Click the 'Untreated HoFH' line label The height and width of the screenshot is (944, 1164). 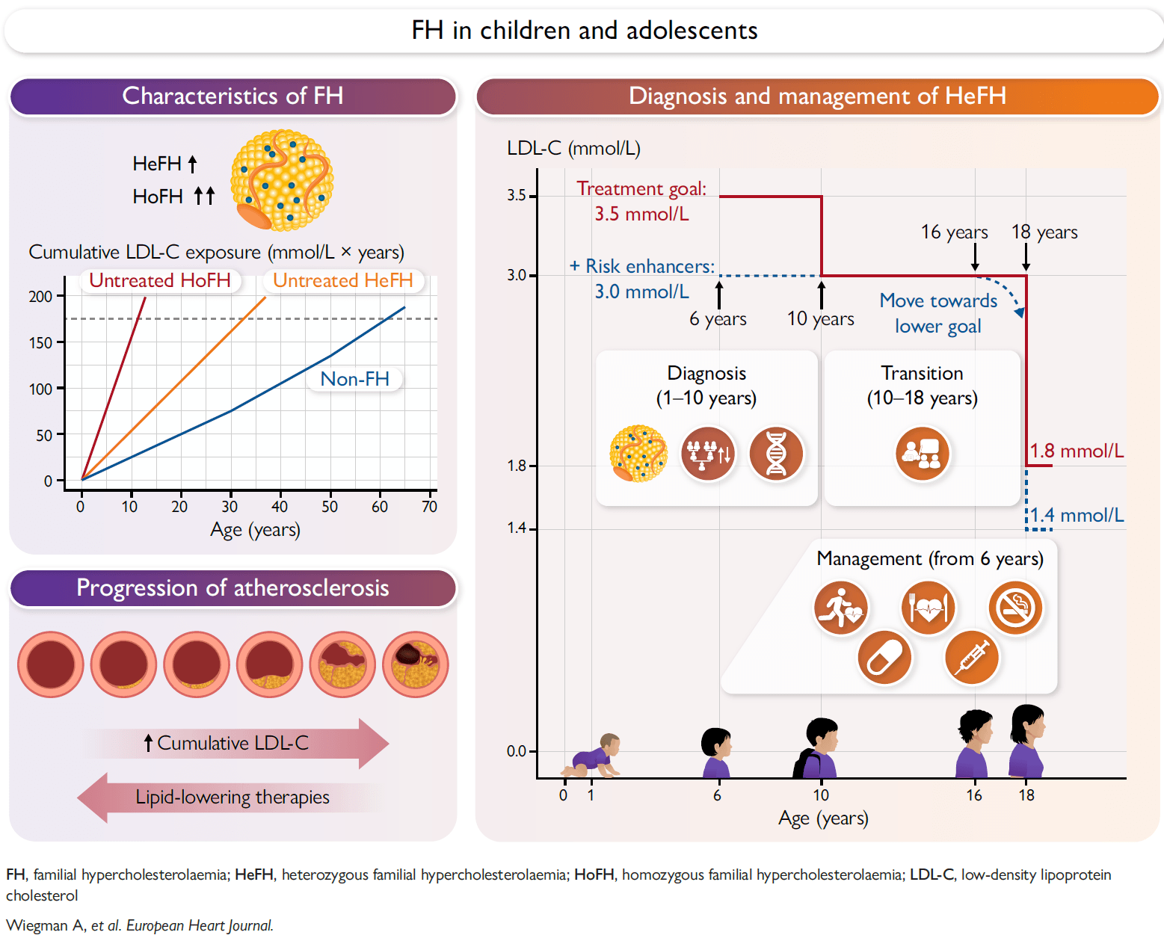(x=159, y=280)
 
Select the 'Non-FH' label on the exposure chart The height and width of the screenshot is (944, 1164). (x=354, y=379)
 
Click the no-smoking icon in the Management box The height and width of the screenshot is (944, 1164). (x=1015, y=608)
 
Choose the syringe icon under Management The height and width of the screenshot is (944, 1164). (x=972, y=658)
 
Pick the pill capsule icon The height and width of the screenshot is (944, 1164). (x=884, y=658)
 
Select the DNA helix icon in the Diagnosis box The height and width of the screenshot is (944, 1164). (x=776, y=454)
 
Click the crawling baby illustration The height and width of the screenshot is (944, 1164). (x=591, y=756)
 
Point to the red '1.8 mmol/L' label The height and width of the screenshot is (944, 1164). (x=1077, y=451)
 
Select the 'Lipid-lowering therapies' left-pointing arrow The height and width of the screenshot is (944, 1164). (x=230, y=798)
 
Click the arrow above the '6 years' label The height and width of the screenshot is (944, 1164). (x=719, y=294)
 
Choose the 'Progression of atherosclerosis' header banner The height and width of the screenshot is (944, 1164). (x=233, y=588)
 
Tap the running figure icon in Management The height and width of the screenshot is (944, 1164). (x=840, y=608)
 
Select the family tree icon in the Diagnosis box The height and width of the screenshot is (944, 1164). (x=708, y=454)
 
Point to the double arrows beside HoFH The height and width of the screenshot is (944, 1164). (x=205, y=196)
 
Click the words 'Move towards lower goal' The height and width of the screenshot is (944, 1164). (x=938, y=314)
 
